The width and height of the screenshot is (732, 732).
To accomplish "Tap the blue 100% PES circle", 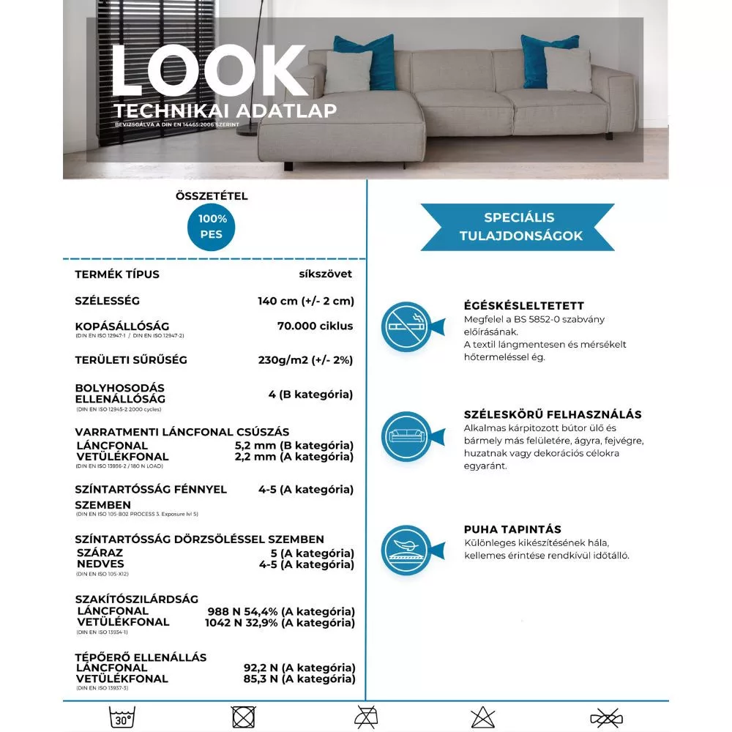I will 212,227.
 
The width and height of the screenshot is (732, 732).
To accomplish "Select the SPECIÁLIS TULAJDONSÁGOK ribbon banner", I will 518,227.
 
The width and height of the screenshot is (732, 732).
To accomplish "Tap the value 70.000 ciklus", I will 315,326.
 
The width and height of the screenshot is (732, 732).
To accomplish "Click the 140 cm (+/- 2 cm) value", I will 302,301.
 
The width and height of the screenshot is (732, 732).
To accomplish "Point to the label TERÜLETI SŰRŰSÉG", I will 131,360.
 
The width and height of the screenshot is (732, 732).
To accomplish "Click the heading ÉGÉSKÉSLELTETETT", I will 524,306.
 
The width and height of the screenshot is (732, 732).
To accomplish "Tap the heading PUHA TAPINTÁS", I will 512,529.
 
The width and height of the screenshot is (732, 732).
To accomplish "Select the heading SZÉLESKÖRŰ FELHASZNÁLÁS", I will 553,414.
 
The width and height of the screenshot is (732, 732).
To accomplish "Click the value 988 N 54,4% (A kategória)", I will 281,611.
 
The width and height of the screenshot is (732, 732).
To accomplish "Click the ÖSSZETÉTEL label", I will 212,196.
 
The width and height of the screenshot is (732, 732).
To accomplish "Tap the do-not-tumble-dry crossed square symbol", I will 242,716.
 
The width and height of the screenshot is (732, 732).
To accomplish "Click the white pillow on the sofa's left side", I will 348,71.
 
